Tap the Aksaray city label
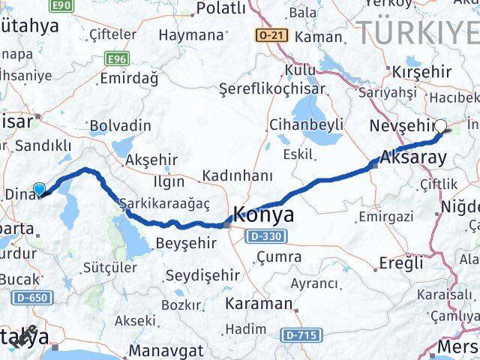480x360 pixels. click(x=413, y=158)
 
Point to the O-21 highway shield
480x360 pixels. click(x=271, y=35)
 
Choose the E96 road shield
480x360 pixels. click(x=116, y=57)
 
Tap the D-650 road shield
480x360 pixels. click(x=30, y=298)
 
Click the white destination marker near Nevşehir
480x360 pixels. click(x=441, y=127)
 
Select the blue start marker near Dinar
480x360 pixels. click(x=40, y=188)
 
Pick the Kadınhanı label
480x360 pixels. click(x=235, y=176)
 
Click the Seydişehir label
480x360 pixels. click(x=202, y=275)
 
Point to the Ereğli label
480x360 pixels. click(x=402, y=263)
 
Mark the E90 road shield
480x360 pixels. click(x=62, y=5)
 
